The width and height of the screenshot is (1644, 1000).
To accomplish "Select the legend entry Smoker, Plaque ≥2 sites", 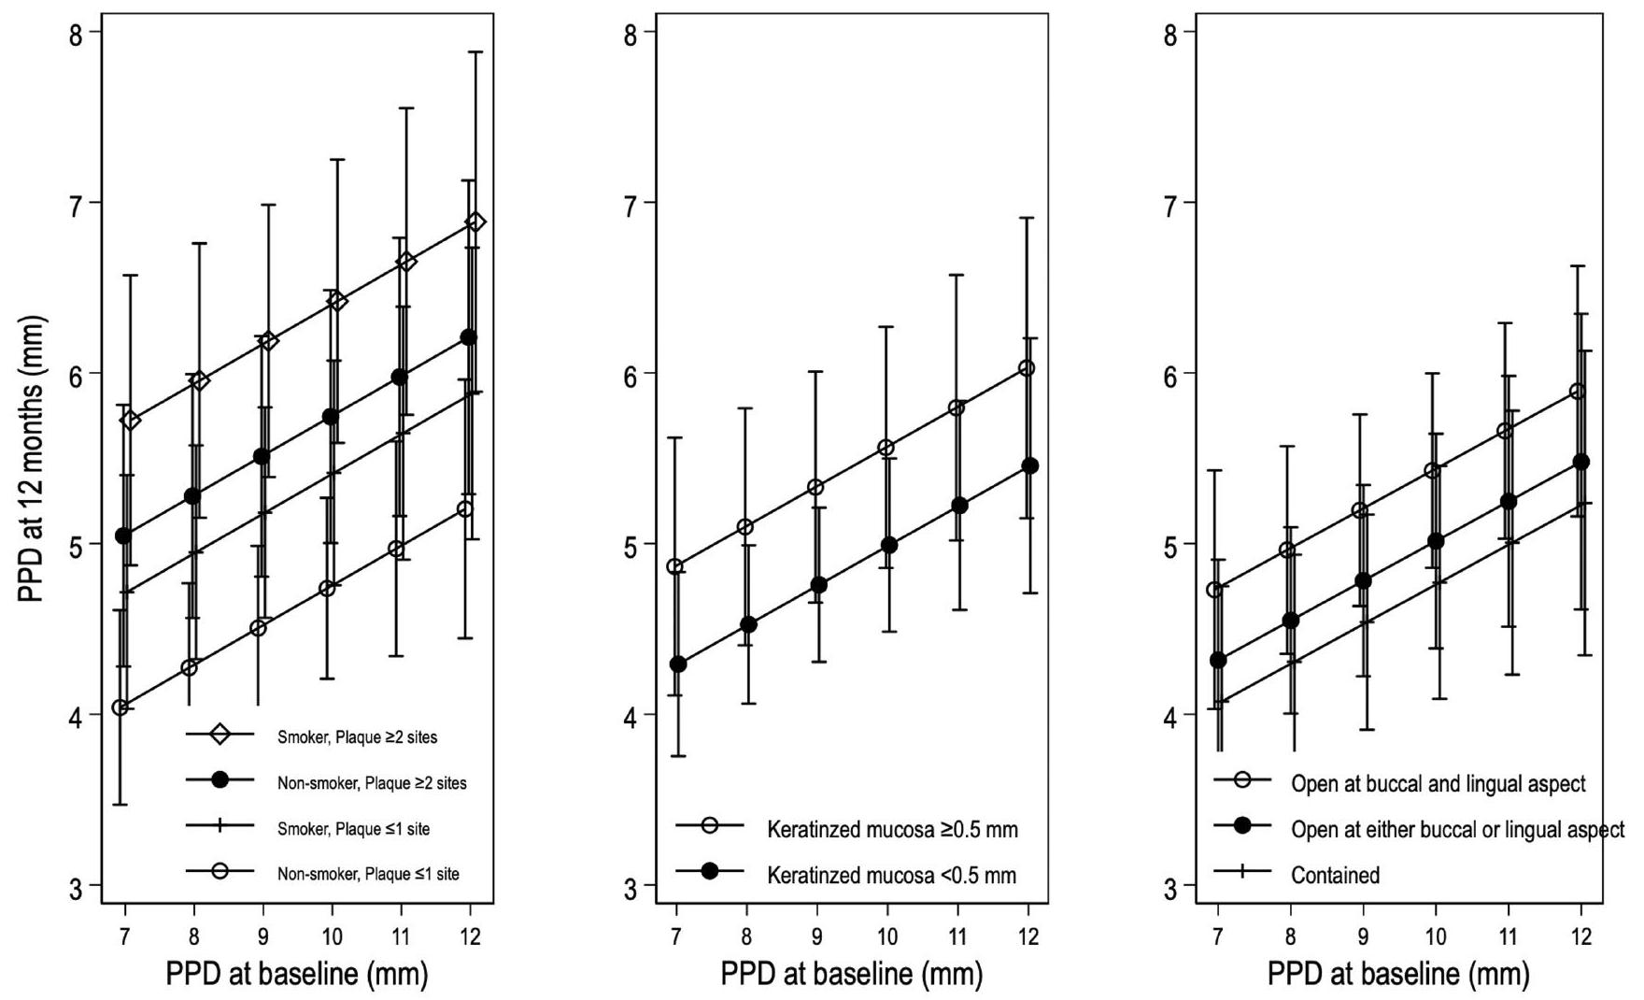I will point(357,737).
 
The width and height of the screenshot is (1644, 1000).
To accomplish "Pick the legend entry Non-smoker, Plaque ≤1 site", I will point(368,875).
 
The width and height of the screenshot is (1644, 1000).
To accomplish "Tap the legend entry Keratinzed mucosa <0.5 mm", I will point(891,876).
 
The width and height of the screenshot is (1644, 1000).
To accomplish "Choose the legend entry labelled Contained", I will point(1335,876).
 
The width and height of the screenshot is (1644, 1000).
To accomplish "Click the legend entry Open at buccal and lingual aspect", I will point(1438,783).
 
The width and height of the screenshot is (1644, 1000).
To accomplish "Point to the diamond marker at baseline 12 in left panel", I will point(475,222).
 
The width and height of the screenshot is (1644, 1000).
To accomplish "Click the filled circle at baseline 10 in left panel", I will point(331,417).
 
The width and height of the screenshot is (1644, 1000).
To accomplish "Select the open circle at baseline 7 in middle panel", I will point(675,567).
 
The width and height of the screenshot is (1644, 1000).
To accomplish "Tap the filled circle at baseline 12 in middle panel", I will point(1029,466).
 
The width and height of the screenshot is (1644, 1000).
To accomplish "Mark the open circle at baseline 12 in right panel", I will point(1578,392).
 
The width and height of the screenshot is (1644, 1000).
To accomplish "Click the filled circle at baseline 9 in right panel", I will point(1363,581).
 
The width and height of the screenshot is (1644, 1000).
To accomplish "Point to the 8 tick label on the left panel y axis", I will point(77,34).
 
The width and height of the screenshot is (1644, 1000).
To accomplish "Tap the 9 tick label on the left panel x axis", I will point(262,936).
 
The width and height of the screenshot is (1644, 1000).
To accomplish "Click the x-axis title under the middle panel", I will point(851,975).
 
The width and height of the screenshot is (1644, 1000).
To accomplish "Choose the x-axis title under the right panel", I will point(1398,975).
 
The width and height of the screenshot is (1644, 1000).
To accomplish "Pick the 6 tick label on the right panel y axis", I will point(1171,375).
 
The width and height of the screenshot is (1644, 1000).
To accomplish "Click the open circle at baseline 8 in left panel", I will point(190,667).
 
